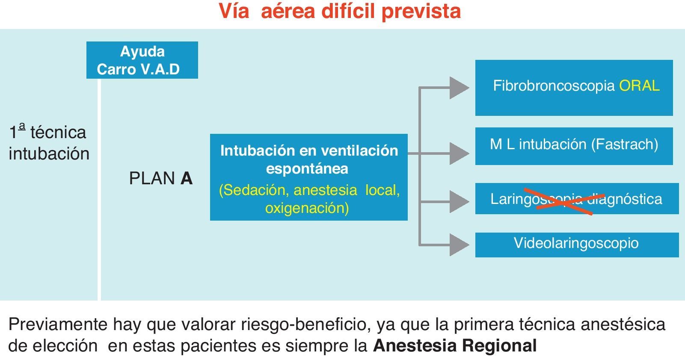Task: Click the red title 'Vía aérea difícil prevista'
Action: (x=340, y=12)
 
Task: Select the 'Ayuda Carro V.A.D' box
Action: (x=142, y=60)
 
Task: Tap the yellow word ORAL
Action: (x=639, y=86)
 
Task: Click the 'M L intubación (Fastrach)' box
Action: (x=574, y=146)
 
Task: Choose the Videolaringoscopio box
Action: (x=576, y=245)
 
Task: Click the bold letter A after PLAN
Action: (x=187, y=179)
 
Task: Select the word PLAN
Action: (x=152, y=179)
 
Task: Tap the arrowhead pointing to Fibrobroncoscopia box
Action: (x=460, y=88)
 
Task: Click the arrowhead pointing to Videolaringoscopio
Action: (x=460, y=245)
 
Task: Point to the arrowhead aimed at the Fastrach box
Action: (x=460, y=153)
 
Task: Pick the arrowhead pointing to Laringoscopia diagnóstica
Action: (x=460, y=201)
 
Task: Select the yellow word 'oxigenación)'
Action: (x=307, y=208)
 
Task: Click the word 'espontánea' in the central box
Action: (x=307, y=169)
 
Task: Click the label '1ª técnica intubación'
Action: (x=48, y=143)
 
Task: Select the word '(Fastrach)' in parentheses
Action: (x=624, y=145)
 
